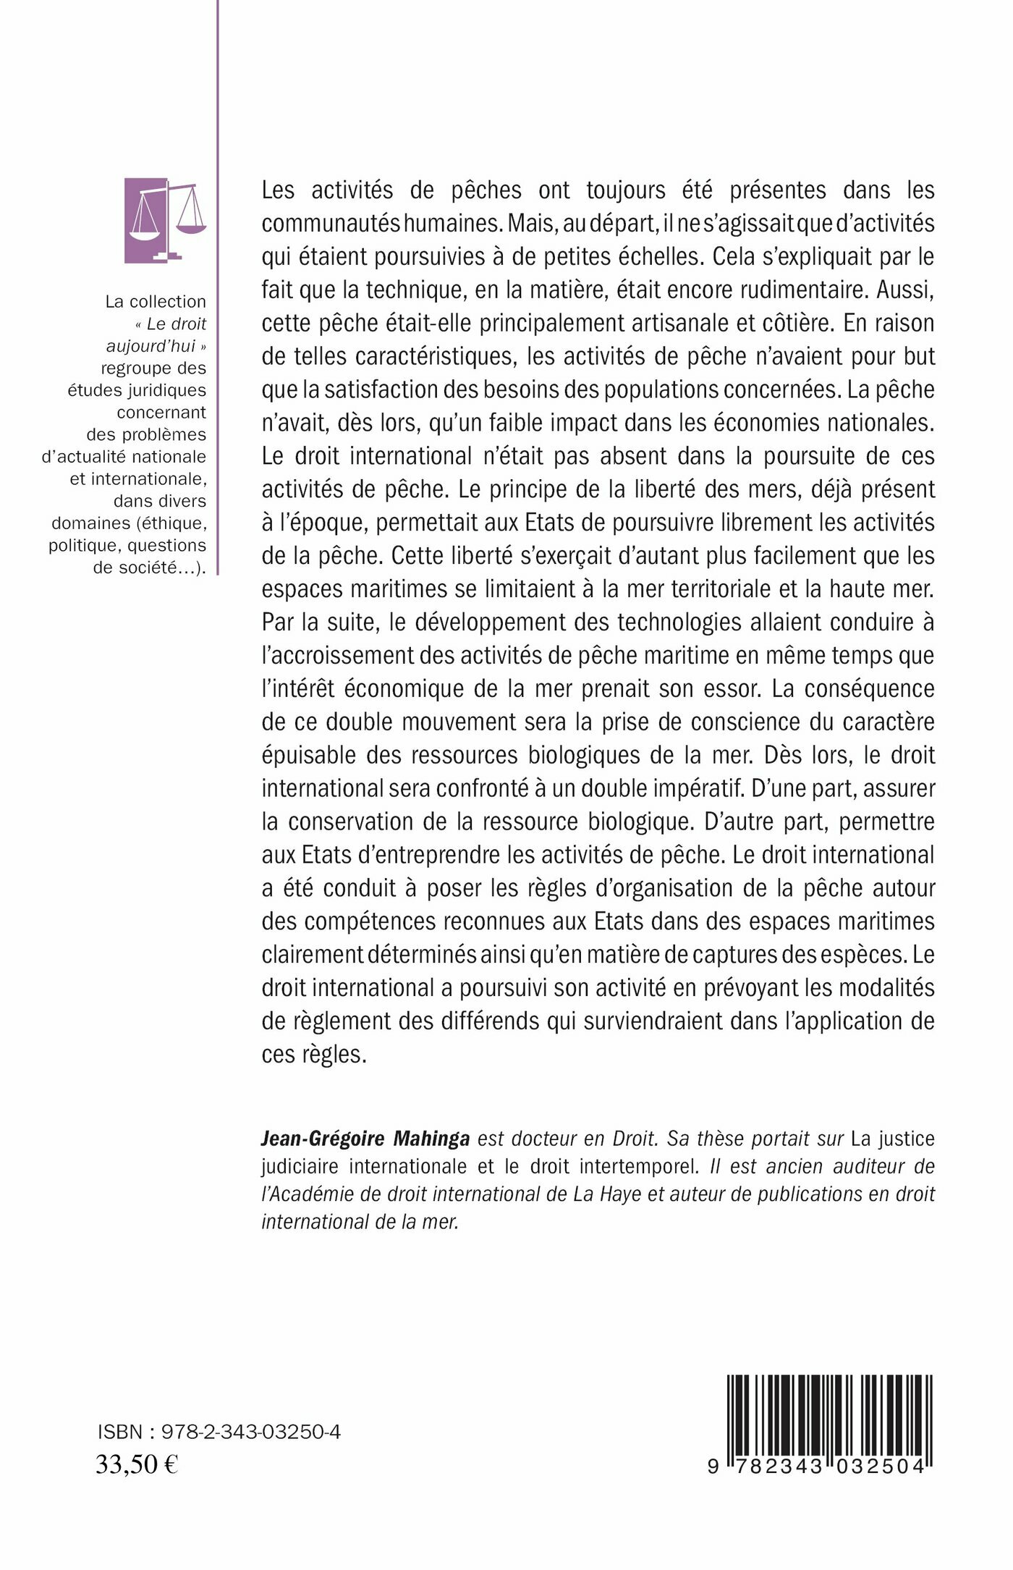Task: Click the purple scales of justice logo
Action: click(165, 221)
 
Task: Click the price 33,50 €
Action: click(137, 1464)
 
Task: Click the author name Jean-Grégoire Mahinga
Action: click(365, 1139)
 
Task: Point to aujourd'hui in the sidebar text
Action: click(151, 346)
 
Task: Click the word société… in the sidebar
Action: click(155, 567)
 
